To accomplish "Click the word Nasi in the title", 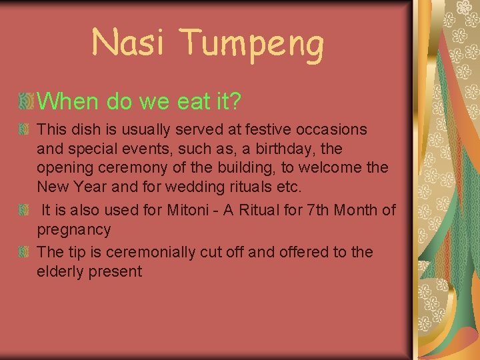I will click(127, 43).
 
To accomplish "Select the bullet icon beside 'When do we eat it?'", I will click(26, 101).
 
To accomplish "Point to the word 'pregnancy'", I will click(73, 231).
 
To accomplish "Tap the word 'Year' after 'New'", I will click(84, 186).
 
